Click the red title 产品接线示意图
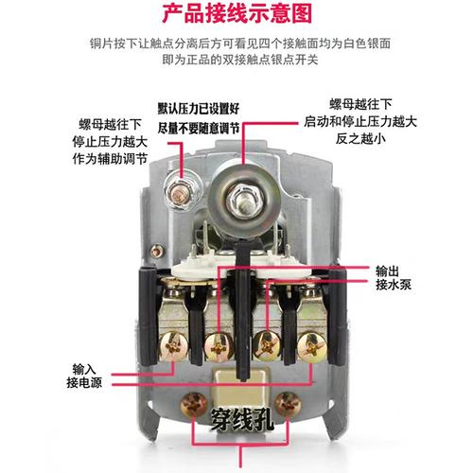coord(236,14)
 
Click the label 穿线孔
coord(239,417)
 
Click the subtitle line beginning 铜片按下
coord(236,44)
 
